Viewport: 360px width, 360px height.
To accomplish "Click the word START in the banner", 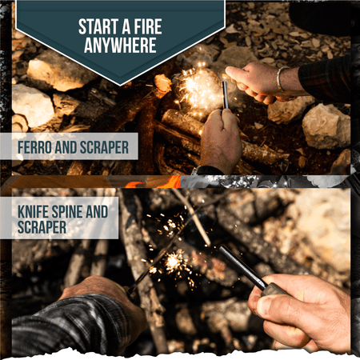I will point(98,25).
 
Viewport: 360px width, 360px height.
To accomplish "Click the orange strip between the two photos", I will point(160,182).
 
